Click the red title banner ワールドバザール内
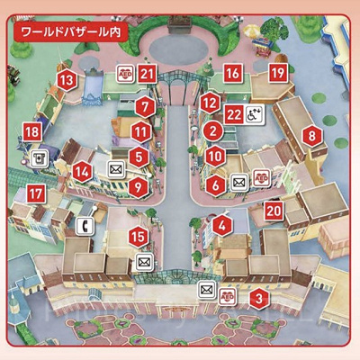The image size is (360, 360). click(69, 30)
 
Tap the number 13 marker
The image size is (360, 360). click(66, 80)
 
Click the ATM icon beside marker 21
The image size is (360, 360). click(127, 75)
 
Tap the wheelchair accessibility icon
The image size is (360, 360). click(256, 114)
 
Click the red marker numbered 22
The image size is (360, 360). click(233, 114)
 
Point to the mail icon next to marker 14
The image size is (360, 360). click(115, 168)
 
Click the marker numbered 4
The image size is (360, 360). click(223, 227)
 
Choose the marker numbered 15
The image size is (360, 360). click(138, 236)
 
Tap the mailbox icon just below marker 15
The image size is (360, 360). click(143, 262)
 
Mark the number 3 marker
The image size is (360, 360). click(258, 300)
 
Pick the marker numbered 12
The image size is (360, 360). click(210, 103)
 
